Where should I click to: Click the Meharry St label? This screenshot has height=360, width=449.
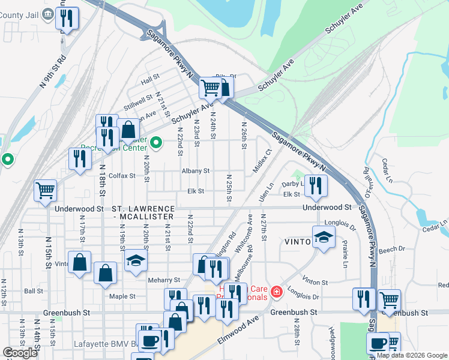(164, 280)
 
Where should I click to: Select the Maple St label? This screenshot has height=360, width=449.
(123, 296)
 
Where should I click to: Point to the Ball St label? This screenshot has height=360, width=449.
(33, 292)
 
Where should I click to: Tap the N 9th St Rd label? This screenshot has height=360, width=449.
(53, 72)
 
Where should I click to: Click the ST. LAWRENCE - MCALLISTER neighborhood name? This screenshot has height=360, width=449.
(143, 212)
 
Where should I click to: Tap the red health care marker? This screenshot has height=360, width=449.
(276, 292)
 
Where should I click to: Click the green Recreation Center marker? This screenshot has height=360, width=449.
(156, 143)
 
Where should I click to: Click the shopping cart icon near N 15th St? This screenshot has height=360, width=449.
(46, 190)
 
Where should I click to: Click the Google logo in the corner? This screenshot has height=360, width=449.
(20, 353)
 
